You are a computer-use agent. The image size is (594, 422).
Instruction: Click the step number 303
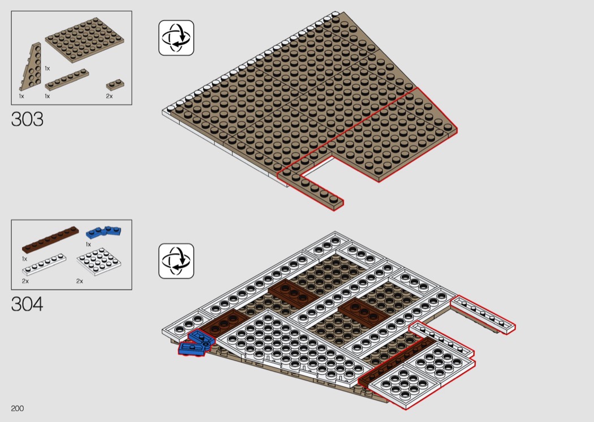coord(27,119)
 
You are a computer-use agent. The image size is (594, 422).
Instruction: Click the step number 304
coord(27,304)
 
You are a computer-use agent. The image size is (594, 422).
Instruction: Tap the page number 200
coord(18,408)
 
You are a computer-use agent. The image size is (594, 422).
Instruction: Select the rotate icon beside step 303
coord(176,38)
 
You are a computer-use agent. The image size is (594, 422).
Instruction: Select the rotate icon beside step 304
coord(176,261)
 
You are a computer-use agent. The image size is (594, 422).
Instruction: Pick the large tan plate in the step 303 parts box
coord(84,40)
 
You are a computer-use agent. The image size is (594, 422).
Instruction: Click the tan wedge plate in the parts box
coord(31,67)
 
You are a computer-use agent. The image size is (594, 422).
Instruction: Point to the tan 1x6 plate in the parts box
coord(67,80)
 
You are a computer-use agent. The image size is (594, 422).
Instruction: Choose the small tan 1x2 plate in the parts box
coord(115,85)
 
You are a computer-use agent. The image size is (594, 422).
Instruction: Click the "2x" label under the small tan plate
coord(110,96)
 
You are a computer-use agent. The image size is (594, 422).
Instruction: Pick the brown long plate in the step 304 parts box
coord(50,240)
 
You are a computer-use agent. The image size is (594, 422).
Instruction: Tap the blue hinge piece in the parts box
coord(104,232)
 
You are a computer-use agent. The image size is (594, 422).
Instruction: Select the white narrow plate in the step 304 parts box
coord(44,264)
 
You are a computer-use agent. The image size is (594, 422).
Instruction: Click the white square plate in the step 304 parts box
coord(99,261)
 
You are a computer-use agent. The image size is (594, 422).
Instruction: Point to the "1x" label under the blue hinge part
coord(88,244)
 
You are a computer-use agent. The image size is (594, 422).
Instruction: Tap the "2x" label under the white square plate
coord(80,281)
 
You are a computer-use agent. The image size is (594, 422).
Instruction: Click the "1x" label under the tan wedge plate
coord(21,96)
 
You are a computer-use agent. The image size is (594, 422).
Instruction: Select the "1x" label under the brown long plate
coord(25,259)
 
